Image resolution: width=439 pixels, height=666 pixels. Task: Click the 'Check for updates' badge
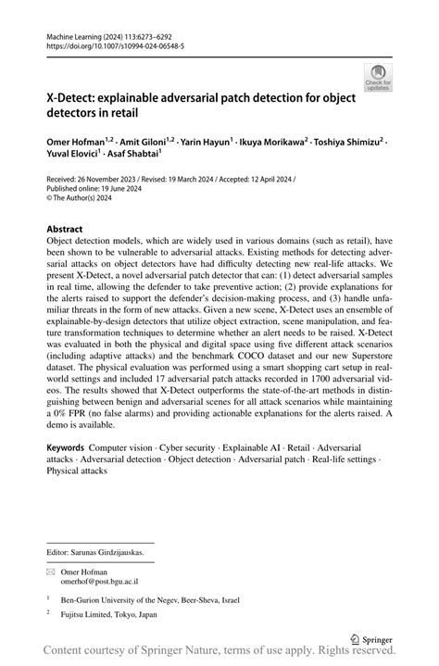point(377,77)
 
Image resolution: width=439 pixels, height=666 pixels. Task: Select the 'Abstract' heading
point(69,227)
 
